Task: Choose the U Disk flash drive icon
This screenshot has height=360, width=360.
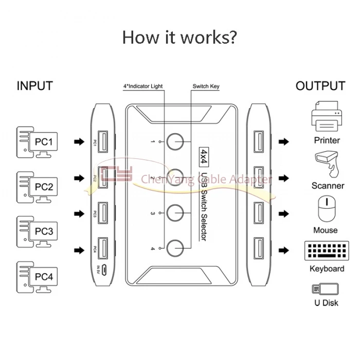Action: tap(325, 289)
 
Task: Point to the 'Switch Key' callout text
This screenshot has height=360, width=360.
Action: tap(206, 86)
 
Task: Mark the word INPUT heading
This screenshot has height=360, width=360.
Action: tap(35, 86)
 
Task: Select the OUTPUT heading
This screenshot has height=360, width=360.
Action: tap(320, 86)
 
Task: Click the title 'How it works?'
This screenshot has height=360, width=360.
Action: tap(179, 37)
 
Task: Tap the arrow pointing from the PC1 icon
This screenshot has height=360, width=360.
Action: tap(78, 141)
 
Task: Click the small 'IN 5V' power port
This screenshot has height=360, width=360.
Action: tap(103, 269)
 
